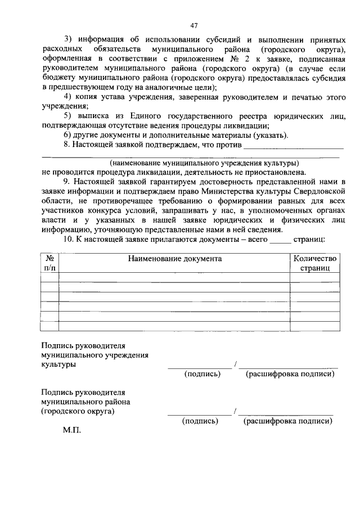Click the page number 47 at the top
[195, 25]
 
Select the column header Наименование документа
[174, 259]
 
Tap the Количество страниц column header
[315, 263]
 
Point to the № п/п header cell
[49, 263]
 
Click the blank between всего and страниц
[281, 240]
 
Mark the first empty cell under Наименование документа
[174, 277]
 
